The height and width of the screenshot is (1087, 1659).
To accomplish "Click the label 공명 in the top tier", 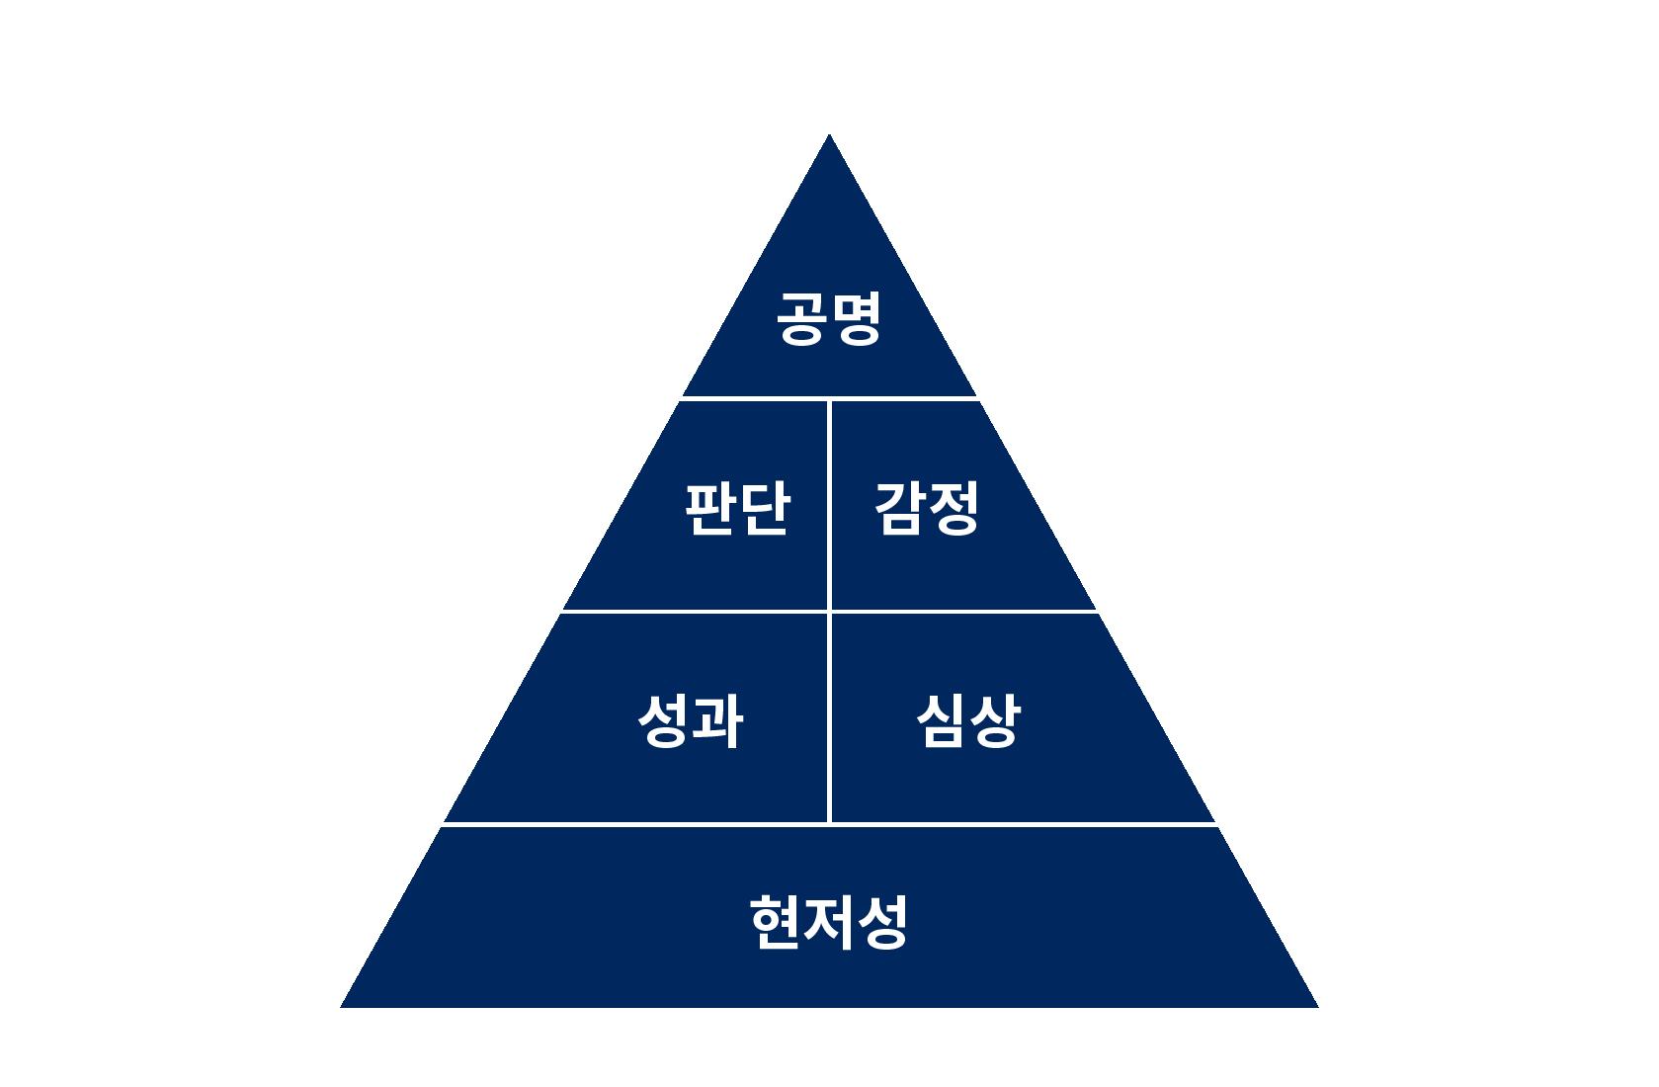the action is [828, 318].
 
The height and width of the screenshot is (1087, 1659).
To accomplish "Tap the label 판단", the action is [737, 508].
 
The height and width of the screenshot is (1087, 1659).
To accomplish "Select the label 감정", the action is [926, 508].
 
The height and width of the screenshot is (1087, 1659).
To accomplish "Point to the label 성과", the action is [690, 719].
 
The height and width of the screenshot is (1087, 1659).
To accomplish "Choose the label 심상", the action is [967, 719].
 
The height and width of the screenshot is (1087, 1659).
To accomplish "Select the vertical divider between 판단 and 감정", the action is [830, 504].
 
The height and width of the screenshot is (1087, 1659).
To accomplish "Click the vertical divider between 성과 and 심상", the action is [830, 717].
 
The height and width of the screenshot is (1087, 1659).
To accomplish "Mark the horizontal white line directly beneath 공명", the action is [829, 397].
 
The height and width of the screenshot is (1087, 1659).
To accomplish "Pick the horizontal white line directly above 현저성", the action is [829, 823].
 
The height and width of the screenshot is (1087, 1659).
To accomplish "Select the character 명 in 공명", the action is [855, 318].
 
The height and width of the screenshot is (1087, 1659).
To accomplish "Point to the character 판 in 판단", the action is [710, 508].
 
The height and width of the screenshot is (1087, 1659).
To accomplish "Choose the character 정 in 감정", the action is [953, 508].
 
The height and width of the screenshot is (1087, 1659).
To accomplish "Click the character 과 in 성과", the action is [716, 719].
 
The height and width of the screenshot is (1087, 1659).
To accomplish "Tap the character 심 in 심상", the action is [941, 719].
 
